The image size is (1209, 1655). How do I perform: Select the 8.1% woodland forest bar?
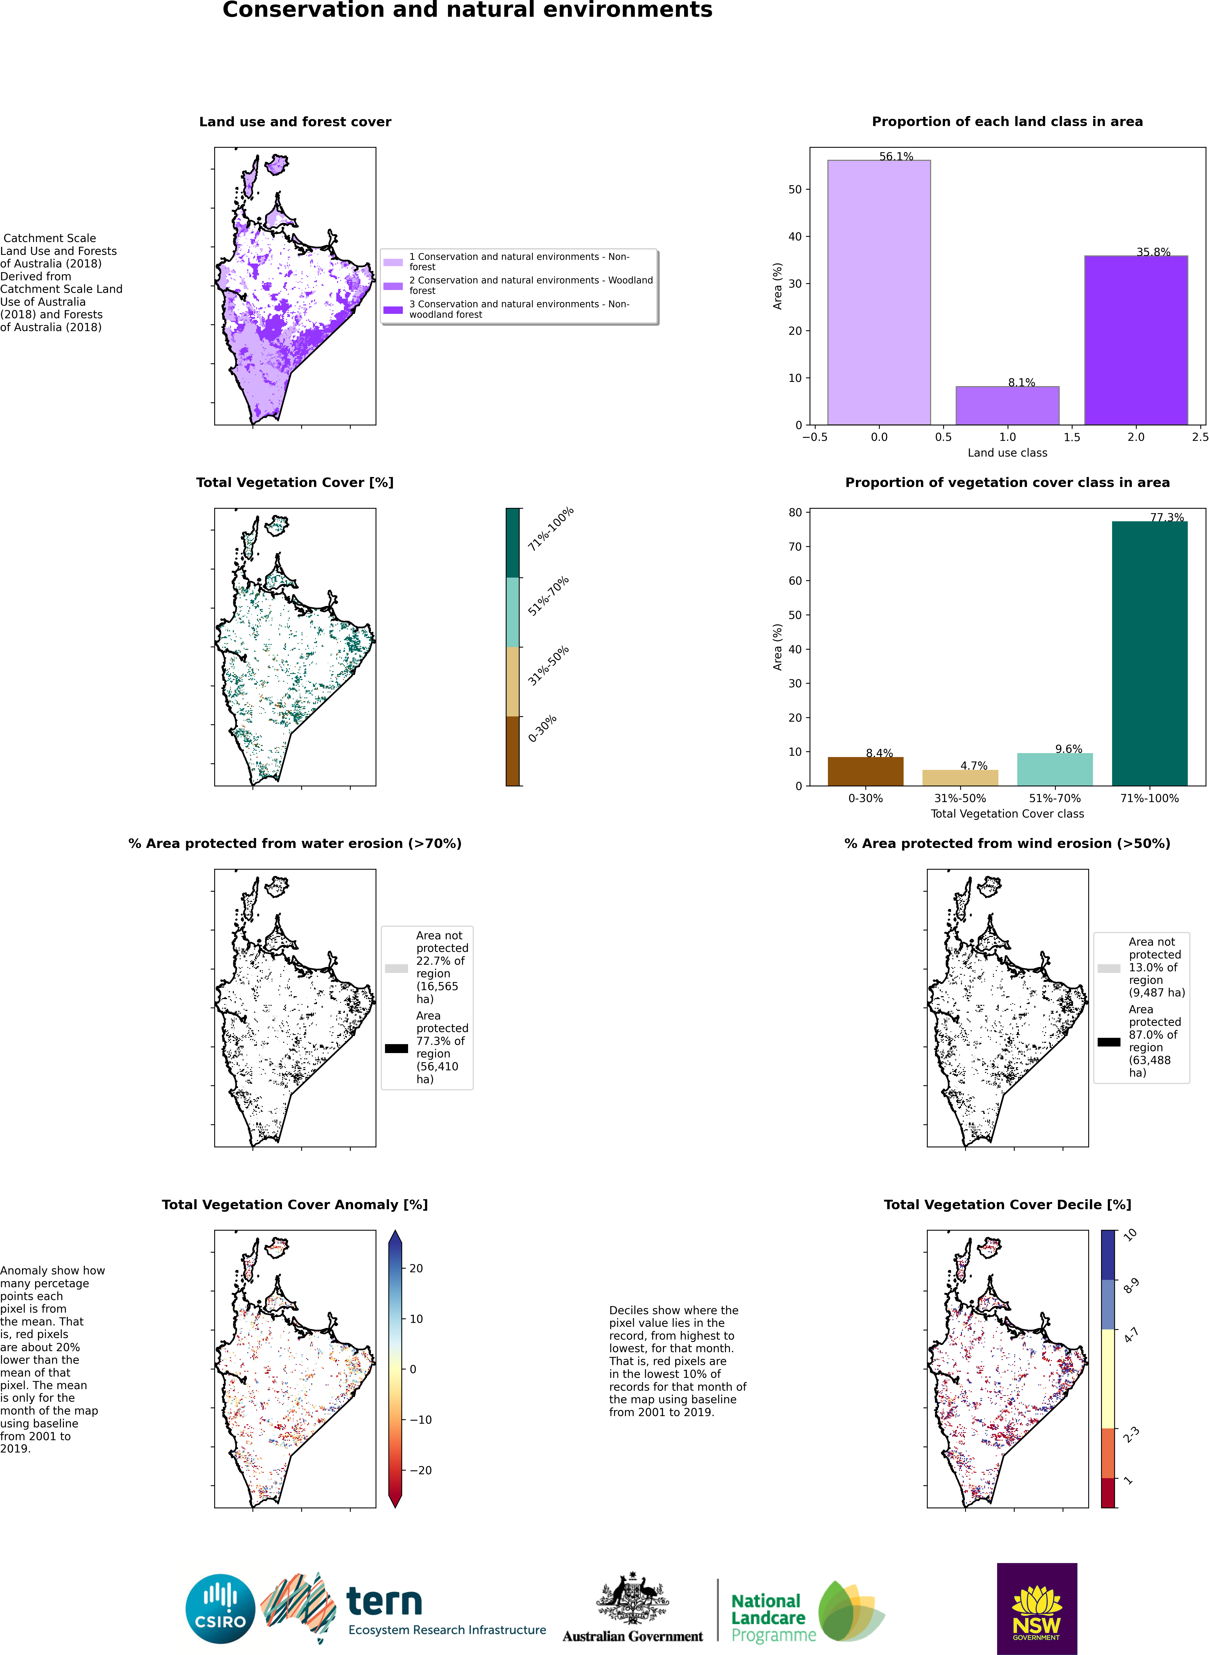click(1007, 405)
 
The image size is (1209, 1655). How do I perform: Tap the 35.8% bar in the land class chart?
click(1136, 340)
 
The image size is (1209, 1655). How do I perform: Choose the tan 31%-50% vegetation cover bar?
click(960, 778)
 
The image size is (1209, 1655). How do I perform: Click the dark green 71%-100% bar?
click(1150, 654)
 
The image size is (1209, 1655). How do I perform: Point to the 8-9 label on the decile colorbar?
click(1131, 1286)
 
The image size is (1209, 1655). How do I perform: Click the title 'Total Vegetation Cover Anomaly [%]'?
click(295, 1205)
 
